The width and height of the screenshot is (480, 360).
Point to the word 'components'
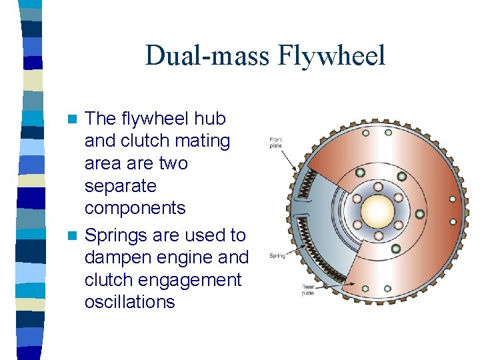[135, 208]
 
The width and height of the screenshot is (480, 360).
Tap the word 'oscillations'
[129, 301]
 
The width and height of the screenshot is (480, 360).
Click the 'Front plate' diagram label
[276, 143]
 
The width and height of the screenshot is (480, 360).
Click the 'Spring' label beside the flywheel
[277, 255]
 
